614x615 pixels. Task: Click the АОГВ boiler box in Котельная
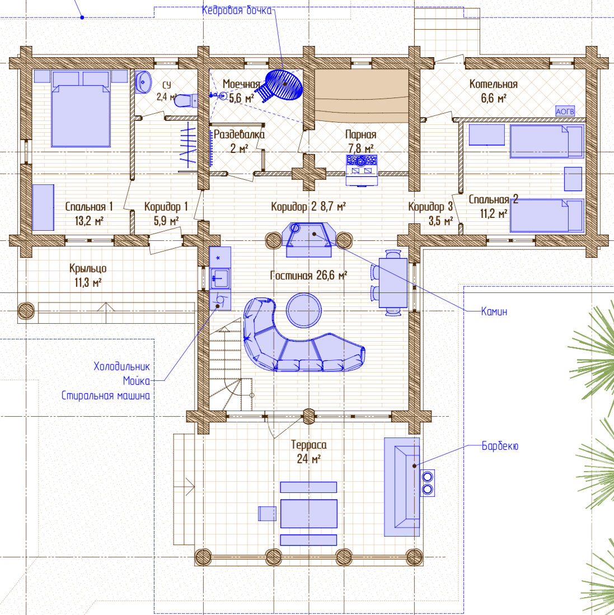[565, 111]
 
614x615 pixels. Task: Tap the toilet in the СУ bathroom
[185, 100]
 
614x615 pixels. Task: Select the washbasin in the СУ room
[143, 82]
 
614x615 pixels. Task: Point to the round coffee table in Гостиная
[304, 310]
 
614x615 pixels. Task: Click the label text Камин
[494, 311]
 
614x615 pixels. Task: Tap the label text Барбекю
[500, 446]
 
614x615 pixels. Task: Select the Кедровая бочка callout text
[237, 10]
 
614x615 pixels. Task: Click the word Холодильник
[121, 366]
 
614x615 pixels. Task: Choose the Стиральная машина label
[105, 395]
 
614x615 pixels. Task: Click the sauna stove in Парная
[362, 170]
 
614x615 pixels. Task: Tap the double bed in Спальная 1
[81, 109]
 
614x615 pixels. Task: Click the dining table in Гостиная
[393, 283]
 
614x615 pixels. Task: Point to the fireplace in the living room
[309, 240]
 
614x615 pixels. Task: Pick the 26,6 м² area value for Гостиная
[331, 276]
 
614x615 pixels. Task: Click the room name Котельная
[493, 84]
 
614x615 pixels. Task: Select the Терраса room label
[309, 445]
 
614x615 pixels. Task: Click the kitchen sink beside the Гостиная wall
[220, 278]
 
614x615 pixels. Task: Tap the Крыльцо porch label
[88, 269]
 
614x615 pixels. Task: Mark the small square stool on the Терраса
[267, 514]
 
